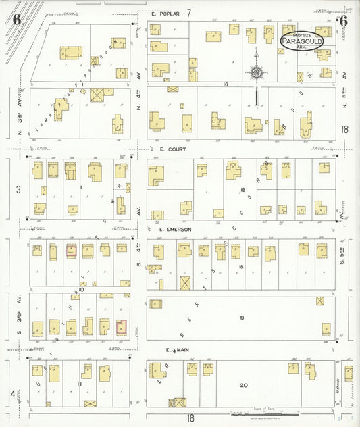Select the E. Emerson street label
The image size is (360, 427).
pyautogui.click(x=175, y=230)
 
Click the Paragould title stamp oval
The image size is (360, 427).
pyautogui.click(x=302, y=41)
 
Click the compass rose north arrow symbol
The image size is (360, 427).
pyautogui.click(x=257, y=72)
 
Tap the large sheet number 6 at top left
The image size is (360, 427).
pyautogui.click(x=16, y=18)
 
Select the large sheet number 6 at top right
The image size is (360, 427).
pyautogui.click(x=343, y=21)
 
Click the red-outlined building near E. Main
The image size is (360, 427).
pyautogui.click(x=122, y=328)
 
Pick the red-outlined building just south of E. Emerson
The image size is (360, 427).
pyautogui.click(x=71, y=251)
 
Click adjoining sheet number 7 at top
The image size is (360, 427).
pyautogui.click(x=190, y=13)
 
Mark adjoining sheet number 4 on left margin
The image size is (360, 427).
pyautogui.click(x=12, y=393)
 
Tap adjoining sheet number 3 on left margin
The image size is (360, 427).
pyautogui.click(x=18, y=190)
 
